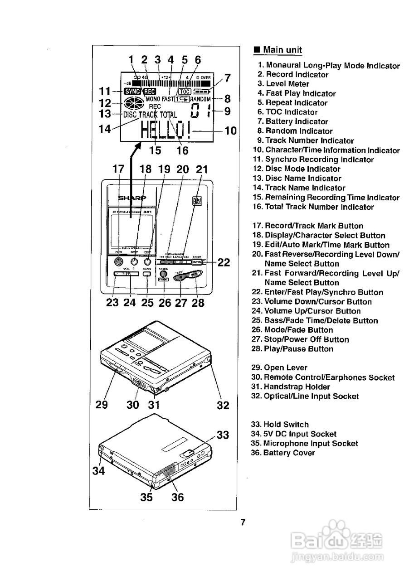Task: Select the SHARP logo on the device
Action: click(x=132, y=198)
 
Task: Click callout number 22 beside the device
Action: click(x=224, y=262)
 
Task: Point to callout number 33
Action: click(x=223, y=435)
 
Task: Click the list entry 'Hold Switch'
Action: click(x=286, y=425)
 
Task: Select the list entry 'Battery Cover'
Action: click(x=289, y=453)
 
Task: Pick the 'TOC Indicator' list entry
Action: click(x=292, y=112)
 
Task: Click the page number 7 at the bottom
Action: click(x=243, y=522)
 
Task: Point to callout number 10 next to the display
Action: click(x=231, y=131)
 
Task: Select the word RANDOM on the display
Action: click(x=200, y=99)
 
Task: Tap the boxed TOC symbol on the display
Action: click(x=185, y=91)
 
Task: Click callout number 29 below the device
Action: click(x=102, y=405)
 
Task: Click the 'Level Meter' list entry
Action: click(x=287, y=84)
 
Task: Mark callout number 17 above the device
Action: click(x=118, y=169)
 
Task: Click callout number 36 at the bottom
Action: click(x=178, y=497)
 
